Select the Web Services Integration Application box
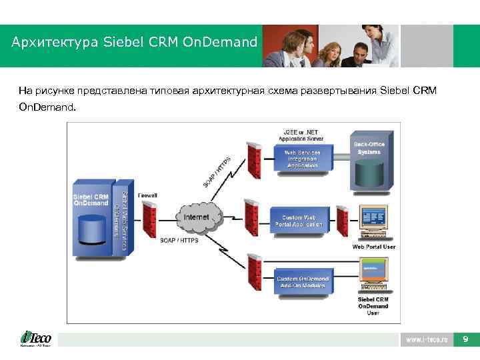tap(302, 159)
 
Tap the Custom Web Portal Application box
tap(299, 221)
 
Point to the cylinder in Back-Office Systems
tap(369, 173)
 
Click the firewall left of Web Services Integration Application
tap(253, 160)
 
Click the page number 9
tap(465, 339)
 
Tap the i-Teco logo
tap(36, 339)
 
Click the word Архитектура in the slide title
tap(54, 42)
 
